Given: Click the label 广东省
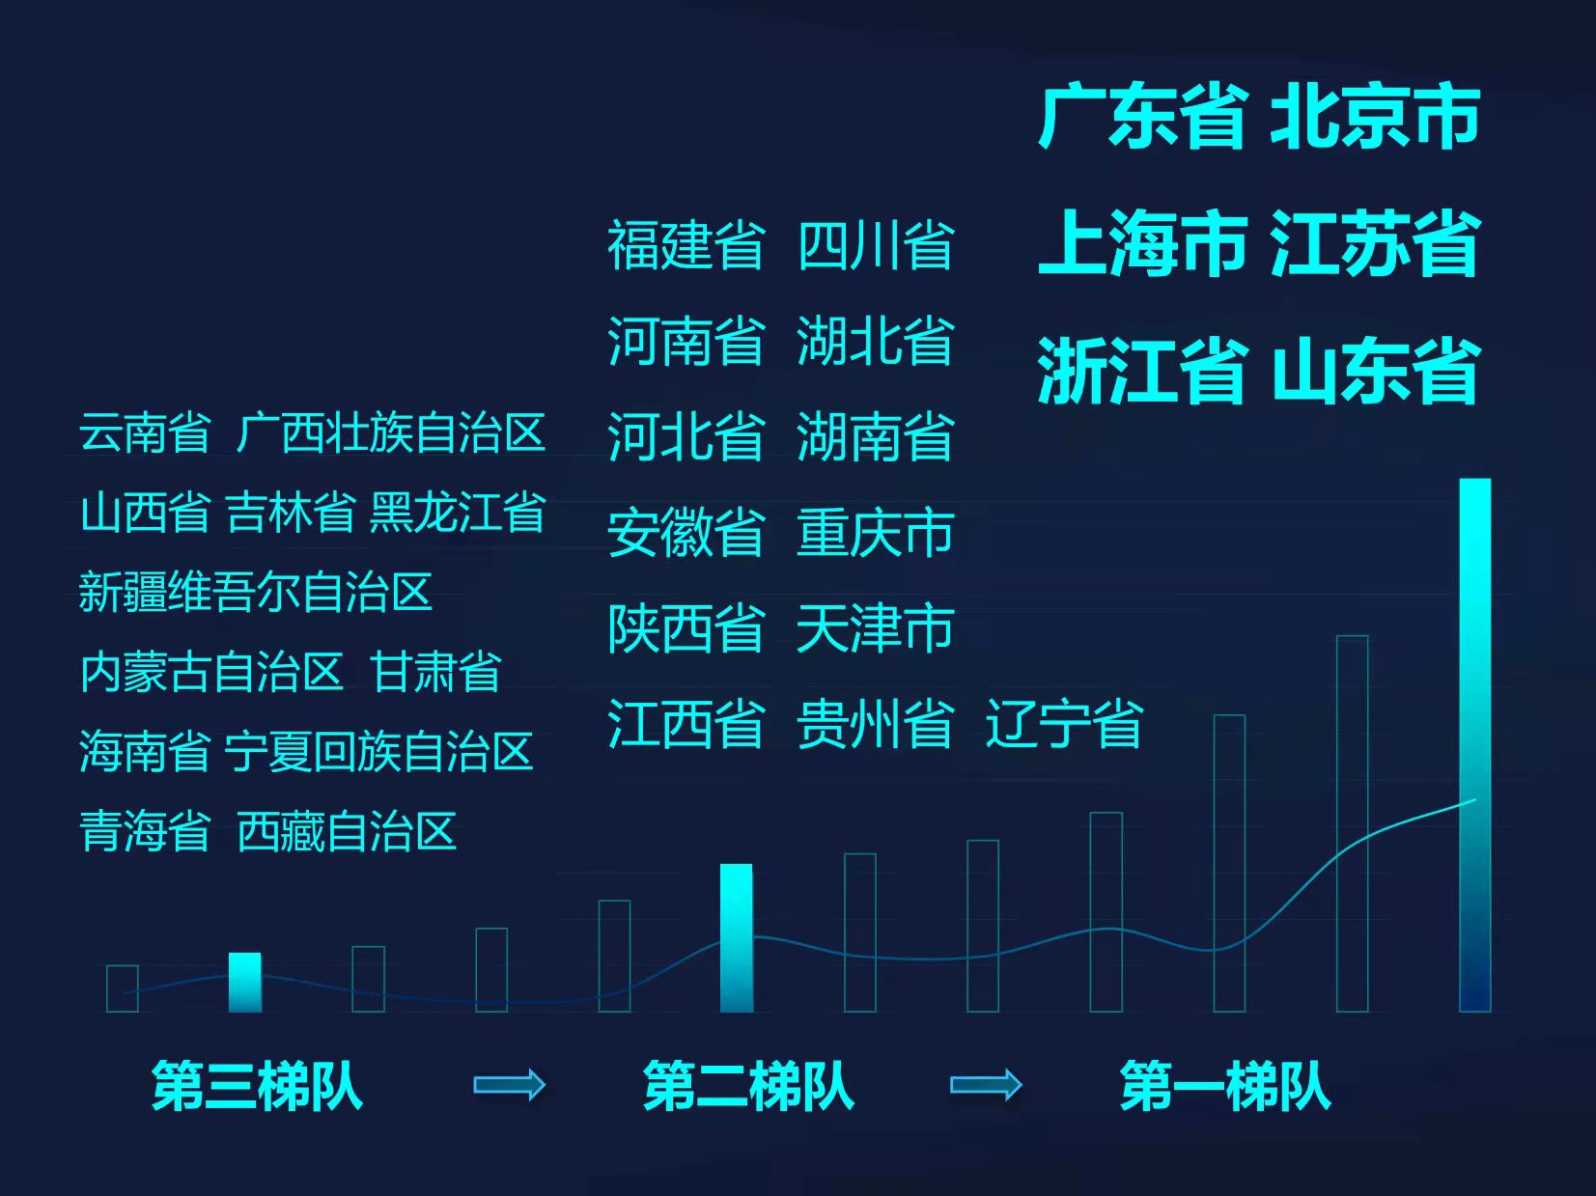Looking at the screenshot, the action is pyautogui.click(x=1144, y=118).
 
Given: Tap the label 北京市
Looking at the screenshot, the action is pyautogui.click(x=1375, y=118).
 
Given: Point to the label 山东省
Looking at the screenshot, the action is pyautogui.click(x=1375, y=371).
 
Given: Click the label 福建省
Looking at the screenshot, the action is pyautogui.click(x=686, y=245).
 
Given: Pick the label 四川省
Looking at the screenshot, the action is pyautogui.click(x=876, y=245).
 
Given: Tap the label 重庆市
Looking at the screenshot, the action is pyautogui.click(x=876, y=533).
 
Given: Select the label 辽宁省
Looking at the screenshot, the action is pyautogui.click(x=1065, y=724).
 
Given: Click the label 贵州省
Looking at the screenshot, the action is pyautogui.click(x=876, y=724).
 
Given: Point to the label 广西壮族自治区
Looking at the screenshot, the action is pyautogui.click(x=391, y=432).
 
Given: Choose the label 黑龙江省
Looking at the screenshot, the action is pyautogui.click(x=458, y=513).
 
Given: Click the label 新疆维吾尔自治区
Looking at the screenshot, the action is pyautogui.click(x=256, y=592).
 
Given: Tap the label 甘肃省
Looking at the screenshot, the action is pyautogui.click(x=436, y=672).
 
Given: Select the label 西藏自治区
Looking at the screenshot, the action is pyautogui.click(x=347, y=831).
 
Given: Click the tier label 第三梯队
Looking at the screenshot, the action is pyautogui.click(x=258, y=1086).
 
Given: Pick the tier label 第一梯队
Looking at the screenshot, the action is pyautogui.click(x=1226, y=1086).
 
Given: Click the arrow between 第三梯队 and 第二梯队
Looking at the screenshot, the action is pyautogui.click(x=510, y=1085).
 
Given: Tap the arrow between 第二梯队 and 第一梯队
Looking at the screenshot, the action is pyautogui.click(x=987, y=1085).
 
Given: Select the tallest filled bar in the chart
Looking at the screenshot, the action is pyautogui.click(x=1475, y=745).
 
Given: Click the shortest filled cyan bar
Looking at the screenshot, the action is pyautogui.click(x=245, y=983).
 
